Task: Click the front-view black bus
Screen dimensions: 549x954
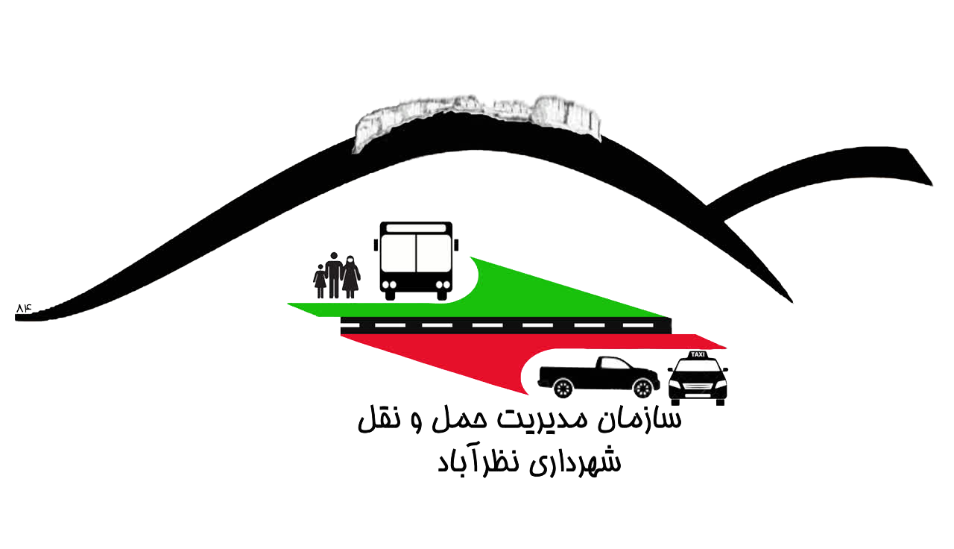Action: pos(417,260)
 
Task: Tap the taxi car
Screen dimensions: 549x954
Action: pos(697,380)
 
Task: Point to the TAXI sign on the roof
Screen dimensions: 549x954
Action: pos(698,354)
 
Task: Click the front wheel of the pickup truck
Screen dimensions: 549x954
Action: pos(642,388)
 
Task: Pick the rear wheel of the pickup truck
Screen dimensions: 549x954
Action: pos(563,388)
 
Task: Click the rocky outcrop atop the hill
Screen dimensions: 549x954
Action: pos(477,119)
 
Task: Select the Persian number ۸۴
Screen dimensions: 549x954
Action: pos(24,307)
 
